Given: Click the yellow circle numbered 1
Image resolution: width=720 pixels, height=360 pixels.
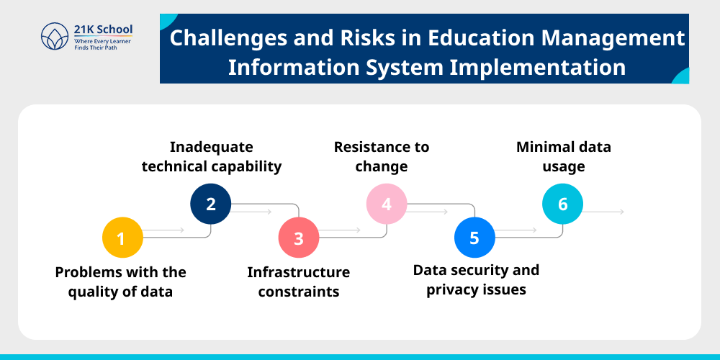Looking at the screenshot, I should (x=121, y=238).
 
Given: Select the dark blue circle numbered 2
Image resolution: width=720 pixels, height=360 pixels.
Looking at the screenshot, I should (x=210, y=204).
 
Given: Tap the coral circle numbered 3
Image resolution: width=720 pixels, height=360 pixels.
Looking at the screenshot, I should (x=299, y=238).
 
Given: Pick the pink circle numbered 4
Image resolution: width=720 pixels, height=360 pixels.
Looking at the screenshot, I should (x=387, y=204).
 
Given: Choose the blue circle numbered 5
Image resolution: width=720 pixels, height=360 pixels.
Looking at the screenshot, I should (x=474, y=238).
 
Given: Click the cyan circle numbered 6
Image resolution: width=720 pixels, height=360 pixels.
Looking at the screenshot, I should (x=562, y=204).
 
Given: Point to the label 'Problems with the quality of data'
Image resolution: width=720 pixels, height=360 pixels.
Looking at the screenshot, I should (x=121, y=282).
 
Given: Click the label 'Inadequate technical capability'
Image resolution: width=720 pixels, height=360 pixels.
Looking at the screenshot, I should (x=212, y=156).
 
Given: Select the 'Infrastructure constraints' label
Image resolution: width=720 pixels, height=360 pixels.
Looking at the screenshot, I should (x=299, y=282).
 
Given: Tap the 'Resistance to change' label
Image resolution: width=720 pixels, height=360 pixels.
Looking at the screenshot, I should (x=382, y=156).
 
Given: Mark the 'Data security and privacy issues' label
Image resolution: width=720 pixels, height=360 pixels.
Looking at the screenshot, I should (x=476, y=279).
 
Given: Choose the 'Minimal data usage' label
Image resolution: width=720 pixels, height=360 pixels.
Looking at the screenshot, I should (x=564, y=156).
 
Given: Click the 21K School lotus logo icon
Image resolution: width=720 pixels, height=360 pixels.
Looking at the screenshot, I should (x=55, y=37).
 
